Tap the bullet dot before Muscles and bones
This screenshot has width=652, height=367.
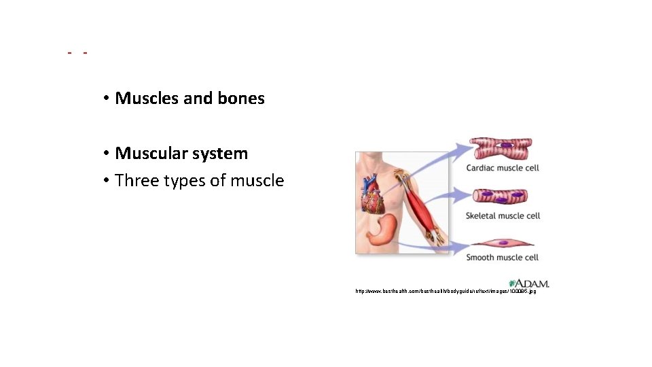click(107, 99)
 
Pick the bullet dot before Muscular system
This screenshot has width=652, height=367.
click(107, 154)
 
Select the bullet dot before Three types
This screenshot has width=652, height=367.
click(107, 181)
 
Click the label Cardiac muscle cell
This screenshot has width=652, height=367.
click(503, 168)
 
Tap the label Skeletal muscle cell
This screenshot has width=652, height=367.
click(503, 215)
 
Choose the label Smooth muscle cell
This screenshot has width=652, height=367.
click(503, 258)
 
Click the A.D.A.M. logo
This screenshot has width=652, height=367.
click(529, 283)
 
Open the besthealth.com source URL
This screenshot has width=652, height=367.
click(446, 292)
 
